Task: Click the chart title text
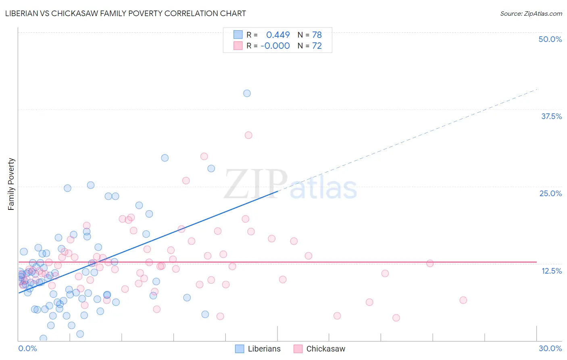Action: point(125,13)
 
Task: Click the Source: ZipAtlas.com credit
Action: point(531,13)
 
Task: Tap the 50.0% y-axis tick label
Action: point(550,39)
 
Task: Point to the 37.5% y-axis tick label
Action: point(551,116)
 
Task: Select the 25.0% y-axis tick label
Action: point(550,193)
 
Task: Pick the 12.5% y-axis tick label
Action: point(551,271)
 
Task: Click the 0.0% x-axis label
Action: point(27,348)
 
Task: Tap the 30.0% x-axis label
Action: point(550,348)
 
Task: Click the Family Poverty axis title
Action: point(11,184)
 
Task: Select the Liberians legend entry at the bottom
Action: point(258,349)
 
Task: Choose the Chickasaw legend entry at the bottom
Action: point(319,349)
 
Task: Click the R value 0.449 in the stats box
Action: point(278,35)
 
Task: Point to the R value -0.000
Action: point(275,46)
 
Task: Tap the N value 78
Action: point(317,35)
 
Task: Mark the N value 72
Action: point(317,46)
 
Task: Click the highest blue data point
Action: point(247,93)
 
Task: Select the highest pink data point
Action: point(248,135)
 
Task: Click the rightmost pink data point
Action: point(463,300)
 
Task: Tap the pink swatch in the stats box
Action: point(238,46)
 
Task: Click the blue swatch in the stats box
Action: point(238,35)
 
